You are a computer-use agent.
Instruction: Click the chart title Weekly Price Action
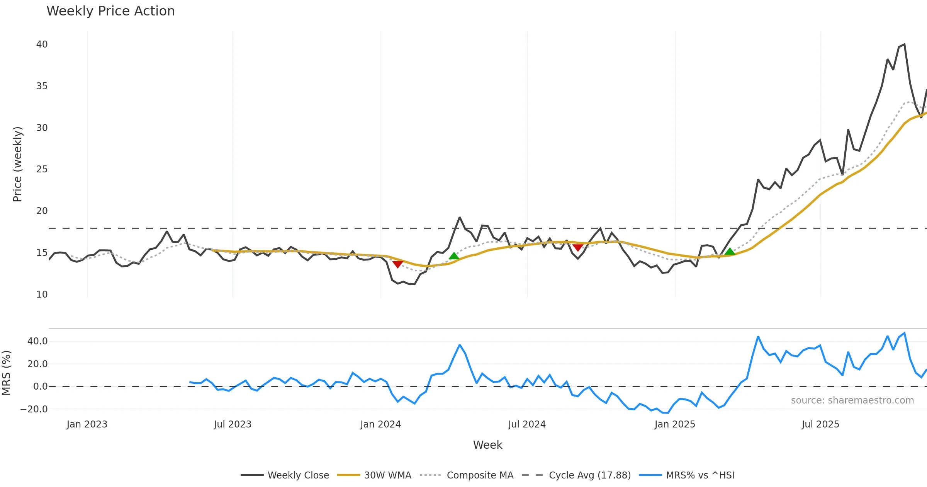tap(110, 11)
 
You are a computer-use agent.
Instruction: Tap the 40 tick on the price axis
tap(42, 44)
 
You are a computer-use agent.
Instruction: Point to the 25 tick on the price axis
tap(42, 169)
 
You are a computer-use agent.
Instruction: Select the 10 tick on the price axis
tap(42, 295)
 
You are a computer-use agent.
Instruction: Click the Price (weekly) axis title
tap(17, 164)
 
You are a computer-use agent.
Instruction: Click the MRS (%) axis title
tap(6, 373)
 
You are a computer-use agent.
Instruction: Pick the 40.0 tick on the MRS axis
tap(37, 341)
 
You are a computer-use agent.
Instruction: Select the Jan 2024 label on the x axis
tap(380, 424)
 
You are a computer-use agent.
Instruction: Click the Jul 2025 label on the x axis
tap(820, 424)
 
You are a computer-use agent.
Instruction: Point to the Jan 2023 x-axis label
tap(87, 424)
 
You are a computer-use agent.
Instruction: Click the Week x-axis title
tap(487, 445)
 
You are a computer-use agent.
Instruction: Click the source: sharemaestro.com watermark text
tap(852, 400)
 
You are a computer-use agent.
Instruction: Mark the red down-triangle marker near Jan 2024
tap(398, 264)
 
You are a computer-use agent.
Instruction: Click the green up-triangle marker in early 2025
tap(730, 252)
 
